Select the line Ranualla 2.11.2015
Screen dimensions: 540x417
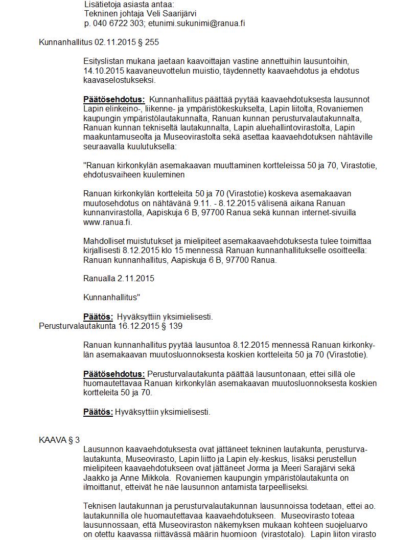click(119, 278)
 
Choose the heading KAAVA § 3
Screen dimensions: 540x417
click(59, 440)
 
